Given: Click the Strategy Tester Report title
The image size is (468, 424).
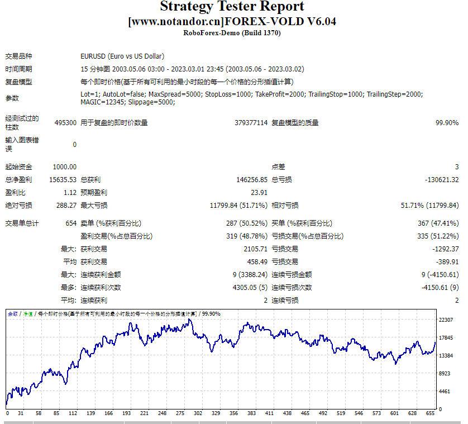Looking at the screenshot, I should (232, 7).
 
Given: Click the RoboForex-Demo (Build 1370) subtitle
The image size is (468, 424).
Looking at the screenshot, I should (232, 33).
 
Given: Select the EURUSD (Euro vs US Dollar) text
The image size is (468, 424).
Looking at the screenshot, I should (122, 56).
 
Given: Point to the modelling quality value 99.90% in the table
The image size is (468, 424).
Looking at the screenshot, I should (447, 123).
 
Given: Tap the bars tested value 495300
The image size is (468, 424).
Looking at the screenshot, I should (65, 123).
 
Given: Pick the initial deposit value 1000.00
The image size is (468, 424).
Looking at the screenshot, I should (65, 167).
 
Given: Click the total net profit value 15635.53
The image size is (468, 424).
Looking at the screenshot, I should (63, 180).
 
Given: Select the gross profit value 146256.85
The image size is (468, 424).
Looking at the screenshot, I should (252, 180).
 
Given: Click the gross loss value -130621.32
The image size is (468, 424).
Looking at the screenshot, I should (442, 180).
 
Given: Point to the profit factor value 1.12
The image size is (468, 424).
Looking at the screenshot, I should (70, 193).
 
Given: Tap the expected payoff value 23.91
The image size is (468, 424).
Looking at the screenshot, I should (259, 193).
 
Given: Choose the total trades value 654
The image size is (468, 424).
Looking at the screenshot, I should (71, 223).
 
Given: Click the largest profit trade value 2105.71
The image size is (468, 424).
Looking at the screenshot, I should (255, 249).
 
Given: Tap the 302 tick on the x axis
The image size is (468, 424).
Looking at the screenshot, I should (198, 414).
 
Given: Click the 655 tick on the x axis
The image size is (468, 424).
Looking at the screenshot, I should (429, 414).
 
